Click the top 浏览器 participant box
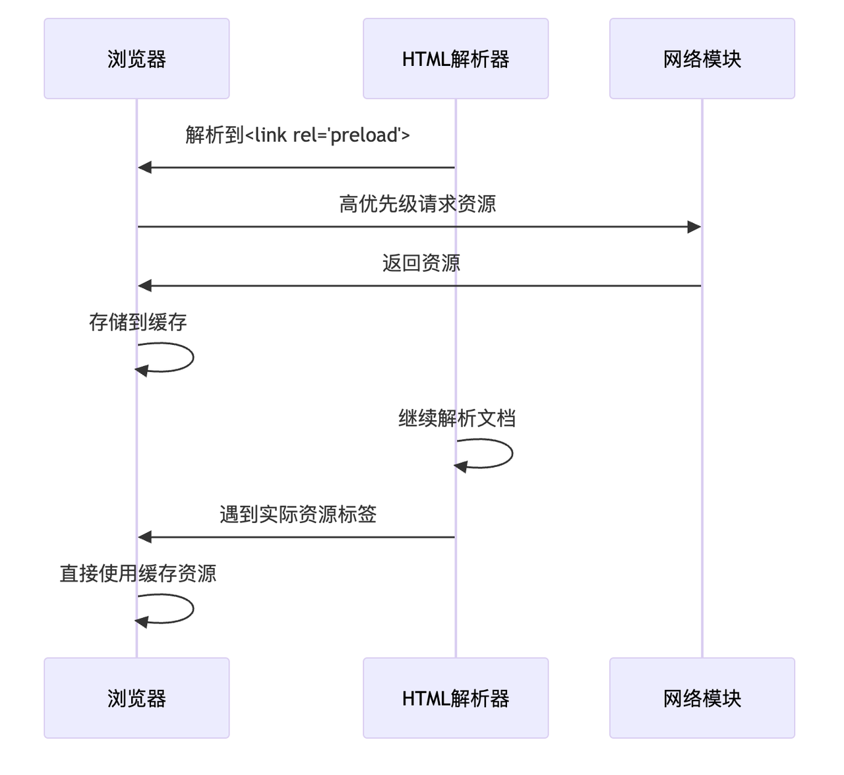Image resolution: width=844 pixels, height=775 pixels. click(x=136, y=59)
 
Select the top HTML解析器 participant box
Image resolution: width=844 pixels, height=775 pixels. click(x=456, y=59)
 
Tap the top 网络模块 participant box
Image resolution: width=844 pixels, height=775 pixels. click(x=702, y=59)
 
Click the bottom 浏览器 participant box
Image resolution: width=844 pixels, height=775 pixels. click(x=136, y=698)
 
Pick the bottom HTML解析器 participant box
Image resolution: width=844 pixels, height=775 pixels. click(x=456, y=698)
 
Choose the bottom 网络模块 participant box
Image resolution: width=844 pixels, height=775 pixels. click(x=702, y=698)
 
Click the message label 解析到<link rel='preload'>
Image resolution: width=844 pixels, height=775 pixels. click(x=297, y=135)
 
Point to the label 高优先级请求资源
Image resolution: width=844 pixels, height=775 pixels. click(x=417, y=204)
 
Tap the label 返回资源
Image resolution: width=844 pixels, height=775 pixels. click(x=421, y=263)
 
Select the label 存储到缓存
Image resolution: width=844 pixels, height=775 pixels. click(x=138, y=322)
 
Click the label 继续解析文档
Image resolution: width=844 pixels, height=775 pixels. click(x=456, y=418)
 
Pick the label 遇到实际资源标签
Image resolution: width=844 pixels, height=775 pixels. click(x=297, y=514)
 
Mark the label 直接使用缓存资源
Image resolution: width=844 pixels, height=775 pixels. click(x=138, y=573)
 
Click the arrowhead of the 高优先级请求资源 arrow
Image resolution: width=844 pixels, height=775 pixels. click(x=694, y=227)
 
